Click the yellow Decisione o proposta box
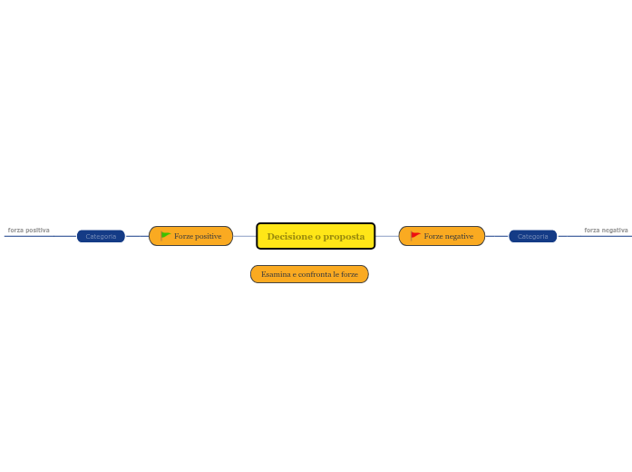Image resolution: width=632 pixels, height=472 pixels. click(x=316, y=236)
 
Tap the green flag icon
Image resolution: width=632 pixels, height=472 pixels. click(x=165, y=236)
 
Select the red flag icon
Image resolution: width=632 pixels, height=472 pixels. click(x=415, y=236)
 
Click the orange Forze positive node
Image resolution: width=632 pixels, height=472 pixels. click(x=190, y=236)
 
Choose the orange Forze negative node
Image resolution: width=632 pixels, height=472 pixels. click(x=442, y=236)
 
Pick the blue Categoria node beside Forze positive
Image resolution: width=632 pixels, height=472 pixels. click(x=101, y=236)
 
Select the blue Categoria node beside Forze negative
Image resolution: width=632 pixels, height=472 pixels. click(x=533, y=236)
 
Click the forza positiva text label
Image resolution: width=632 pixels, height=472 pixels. click(x=29, y=230)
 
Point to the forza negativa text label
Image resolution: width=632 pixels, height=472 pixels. click(x=606, y=230)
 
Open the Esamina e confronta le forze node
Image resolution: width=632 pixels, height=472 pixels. click(x=309, y=274)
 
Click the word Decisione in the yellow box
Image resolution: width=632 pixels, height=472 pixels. click(x=290, y=236)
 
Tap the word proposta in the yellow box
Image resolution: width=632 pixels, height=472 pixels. click(x=344, y=237)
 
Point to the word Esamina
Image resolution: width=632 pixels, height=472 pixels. click(x=276, y=274)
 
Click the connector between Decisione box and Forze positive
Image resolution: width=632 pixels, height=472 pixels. click(x=245, y=236)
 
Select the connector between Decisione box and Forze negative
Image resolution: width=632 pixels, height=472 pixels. click(x=387, y=236)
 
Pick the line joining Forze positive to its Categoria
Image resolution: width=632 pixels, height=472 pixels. click(x=137, y=236)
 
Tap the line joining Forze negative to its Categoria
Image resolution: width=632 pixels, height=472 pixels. click(x=497, y=236)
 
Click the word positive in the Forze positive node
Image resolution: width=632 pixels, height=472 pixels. click(x=207, y=236)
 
